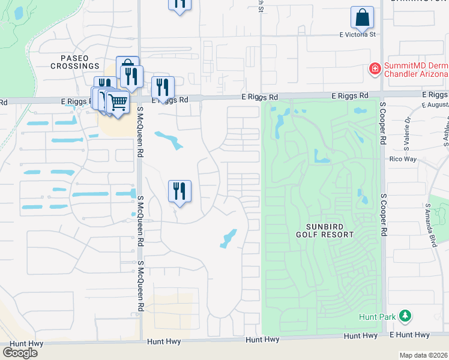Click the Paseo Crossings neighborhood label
(x=75, y=61)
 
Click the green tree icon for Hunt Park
(x=405, y=315)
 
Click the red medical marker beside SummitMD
(x=375, y=69)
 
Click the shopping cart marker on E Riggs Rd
(x=118, y=102)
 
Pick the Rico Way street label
(x=403, y=159)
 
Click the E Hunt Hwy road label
(x=410, y=335)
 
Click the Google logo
(x=20, y=353)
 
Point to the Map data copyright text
(x=424, y=355)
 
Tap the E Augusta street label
(x=435, y=105)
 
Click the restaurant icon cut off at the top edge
(x=179, y=4)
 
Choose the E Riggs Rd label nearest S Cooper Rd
(x=351, y=96)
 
